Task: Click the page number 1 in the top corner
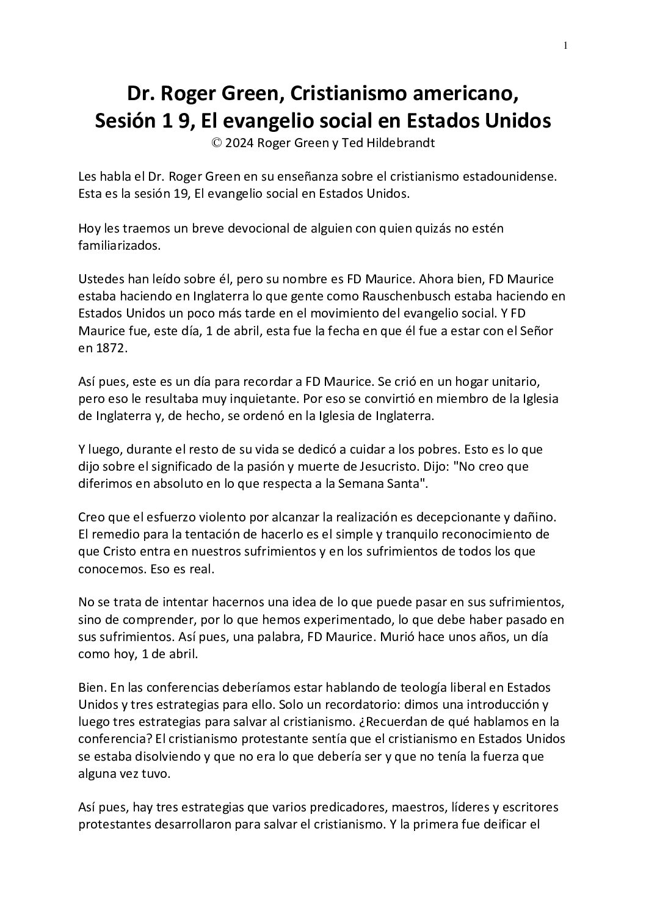[x=565, y=45]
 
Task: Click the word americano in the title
[x=463, y=93]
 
